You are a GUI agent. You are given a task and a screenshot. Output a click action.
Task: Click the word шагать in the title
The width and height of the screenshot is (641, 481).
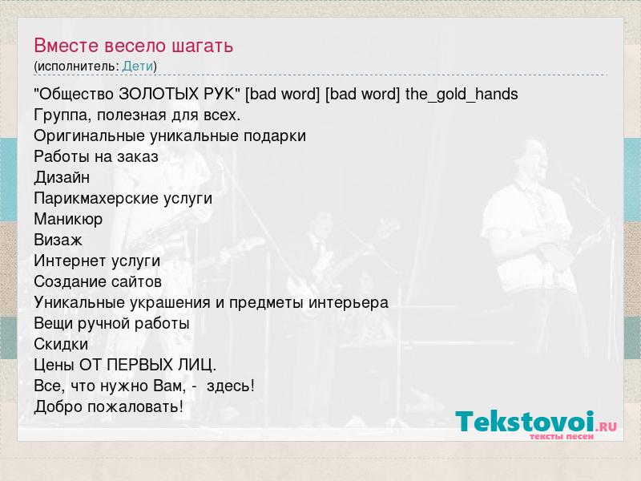203,46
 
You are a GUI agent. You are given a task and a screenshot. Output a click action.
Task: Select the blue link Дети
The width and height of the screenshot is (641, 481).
137,67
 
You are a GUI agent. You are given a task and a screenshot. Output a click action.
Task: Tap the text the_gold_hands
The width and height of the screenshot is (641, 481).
462,95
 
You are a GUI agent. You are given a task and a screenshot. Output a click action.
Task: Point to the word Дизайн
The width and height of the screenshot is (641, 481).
62,177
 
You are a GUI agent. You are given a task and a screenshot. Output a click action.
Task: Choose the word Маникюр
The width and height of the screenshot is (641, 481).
68,219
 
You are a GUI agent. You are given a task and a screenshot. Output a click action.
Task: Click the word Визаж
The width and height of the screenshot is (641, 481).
58,240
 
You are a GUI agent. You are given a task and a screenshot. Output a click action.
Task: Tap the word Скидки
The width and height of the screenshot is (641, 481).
61,345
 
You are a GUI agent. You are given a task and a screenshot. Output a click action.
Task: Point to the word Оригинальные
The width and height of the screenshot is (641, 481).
90,135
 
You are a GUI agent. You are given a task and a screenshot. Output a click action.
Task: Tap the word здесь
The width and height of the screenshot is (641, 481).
231,386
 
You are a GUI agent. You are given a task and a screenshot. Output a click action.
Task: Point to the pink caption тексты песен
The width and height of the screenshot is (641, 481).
562,436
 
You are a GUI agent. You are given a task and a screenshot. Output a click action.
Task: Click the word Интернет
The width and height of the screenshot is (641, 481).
69,261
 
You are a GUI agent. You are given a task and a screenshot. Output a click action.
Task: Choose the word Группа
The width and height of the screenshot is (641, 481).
63,115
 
